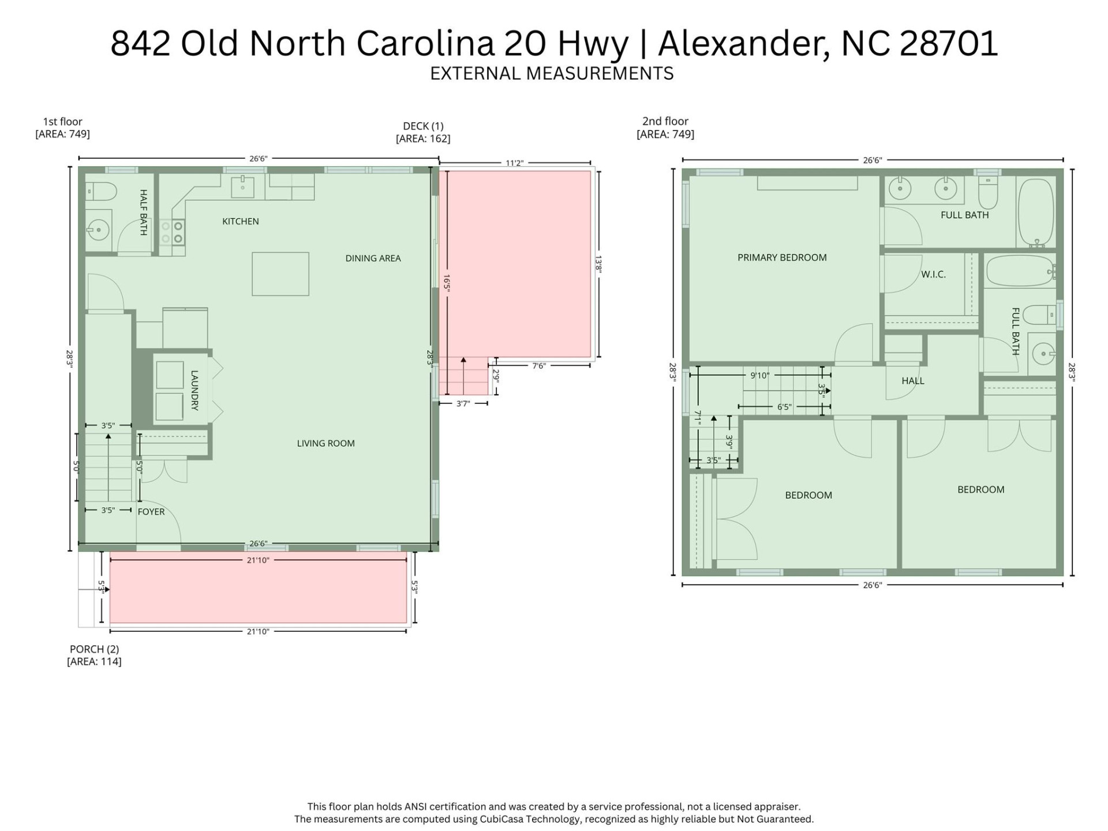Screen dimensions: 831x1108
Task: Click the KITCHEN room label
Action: (240, 221)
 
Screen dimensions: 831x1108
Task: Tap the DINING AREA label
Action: (373, 258)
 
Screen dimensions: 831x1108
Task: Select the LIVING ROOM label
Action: (325, 443)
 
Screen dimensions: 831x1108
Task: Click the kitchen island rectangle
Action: (280, 274)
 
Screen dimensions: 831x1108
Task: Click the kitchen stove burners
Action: (173, 232)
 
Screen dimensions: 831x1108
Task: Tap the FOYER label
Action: (151, 511)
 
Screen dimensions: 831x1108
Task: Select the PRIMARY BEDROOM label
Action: (782, 257)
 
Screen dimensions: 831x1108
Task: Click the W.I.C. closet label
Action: (933, 274)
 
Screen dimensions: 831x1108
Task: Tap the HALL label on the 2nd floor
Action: (912, 381)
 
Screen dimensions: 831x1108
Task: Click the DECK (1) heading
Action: (423, 126)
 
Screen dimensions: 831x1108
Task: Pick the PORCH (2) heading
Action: (94, 649)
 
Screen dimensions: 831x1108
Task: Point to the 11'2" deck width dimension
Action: (514, 163)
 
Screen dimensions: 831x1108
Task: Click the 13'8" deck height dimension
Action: (599, 264)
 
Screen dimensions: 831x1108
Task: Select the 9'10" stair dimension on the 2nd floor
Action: (759, 375)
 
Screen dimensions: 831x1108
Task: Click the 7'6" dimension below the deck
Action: (538, 365)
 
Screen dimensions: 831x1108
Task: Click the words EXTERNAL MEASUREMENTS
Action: (552, 73)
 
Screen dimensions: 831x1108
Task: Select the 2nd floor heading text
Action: (665, 121)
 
